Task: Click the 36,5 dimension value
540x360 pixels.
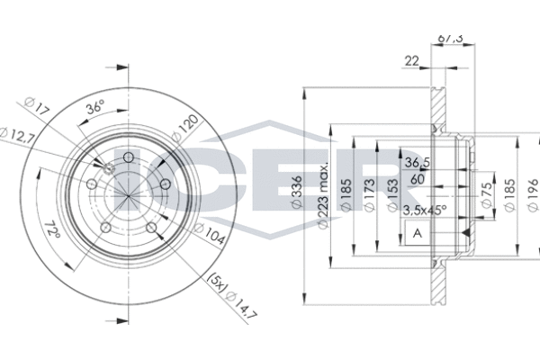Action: coord(415,163)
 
